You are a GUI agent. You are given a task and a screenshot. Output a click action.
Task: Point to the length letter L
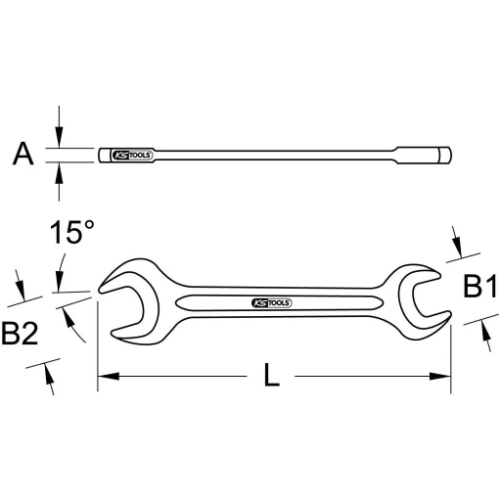[273, 375]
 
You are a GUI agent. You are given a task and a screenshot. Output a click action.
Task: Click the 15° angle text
[72, 234]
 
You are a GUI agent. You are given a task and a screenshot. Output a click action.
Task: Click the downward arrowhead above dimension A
[60, 141]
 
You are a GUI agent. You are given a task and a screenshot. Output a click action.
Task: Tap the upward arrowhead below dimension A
[60, 170]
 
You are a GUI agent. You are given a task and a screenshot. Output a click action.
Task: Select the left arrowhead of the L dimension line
[104, 376]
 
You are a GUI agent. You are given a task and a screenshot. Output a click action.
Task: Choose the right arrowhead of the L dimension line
[444, 376]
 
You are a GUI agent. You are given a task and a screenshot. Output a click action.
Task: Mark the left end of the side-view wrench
[102, 156]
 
